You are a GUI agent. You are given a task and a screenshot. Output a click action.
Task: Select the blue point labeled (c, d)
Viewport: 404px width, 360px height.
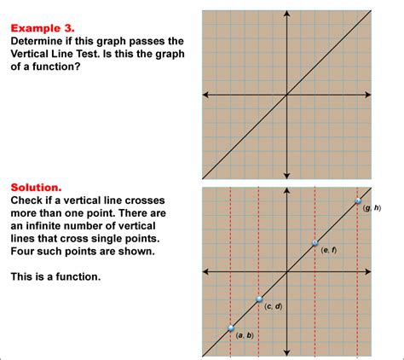pyautogui.click(x=259, y=299)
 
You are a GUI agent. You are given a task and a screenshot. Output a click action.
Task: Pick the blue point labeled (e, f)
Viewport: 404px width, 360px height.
pyautogui.click(x=315, y=243)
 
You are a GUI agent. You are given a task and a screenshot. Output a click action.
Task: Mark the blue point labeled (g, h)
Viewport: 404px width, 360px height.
pyautogui.click(x=358, y=201)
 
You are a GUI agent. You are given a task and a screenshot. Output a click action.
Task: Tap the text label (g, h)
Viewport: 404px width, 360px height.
pyautogui.click(x=372, y=209)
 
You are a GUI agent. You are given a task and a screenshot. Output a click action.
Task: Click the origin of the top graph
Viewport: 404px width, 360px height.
pyautogui.click(x=287, y=94)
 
